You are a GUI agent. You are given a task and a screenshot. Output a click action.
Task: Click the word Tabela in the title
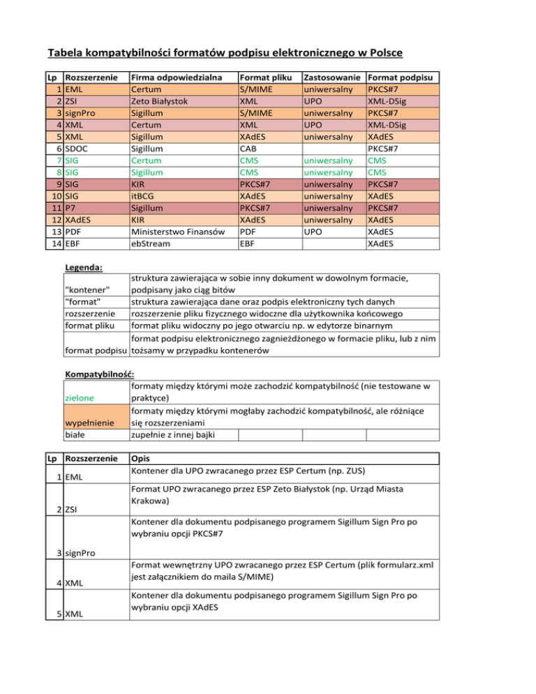coord(68,53)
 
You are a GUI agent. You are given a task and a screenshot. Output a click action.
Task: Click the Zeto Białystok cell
coord(158,101)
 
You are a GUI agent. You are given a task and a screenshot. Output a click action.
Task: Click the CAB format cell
coord(248,149)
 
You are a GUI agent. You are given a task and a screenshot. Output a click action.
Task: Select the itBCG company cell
coord(144,196)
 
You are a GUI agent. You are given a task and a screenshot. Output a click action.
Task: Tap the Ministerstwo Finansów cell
coord(177,232)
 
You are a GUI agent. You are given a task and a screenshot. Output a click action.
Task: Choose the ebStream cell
coord(150,244)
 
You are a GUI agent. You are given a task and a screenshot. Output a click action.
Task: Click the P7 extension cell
coord(69,208)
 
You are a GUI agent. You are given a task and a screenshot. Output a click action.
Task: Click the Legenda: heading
coord(83,267)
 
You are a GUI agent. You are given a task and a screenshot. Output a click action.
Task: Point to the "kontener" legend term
coord(87,290)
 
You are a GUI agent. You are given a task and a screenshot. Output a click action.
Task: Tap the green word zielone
coord(78,398)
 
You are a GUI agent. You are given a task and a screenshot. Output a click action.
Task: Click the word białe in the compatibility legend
coord(74,434)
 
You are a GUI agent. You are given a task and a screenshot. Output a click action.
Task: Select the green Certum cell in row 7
coord(146,161)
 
